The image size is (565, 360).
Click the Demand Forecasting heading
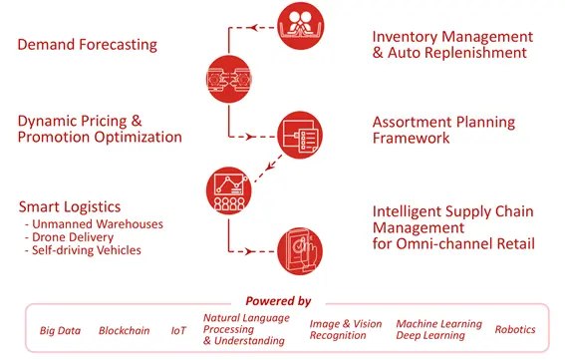(x=88, y=45)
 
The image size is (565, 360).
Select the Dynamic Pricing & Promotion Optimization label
(x=100, y=129)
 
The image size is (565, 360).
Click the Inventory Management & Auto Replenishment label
(x=451, y=45)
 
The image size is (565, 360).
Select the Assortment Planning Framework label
(x=443, y=130)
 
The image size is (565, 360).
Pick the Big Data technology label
(x=61, y=330)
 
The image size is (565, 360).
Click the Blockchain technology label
(x=123, y=330)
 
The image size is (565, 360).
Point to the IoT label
(x=177, y=330)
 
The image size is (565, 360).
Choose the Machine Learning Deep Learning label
(x=438, y=329)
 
